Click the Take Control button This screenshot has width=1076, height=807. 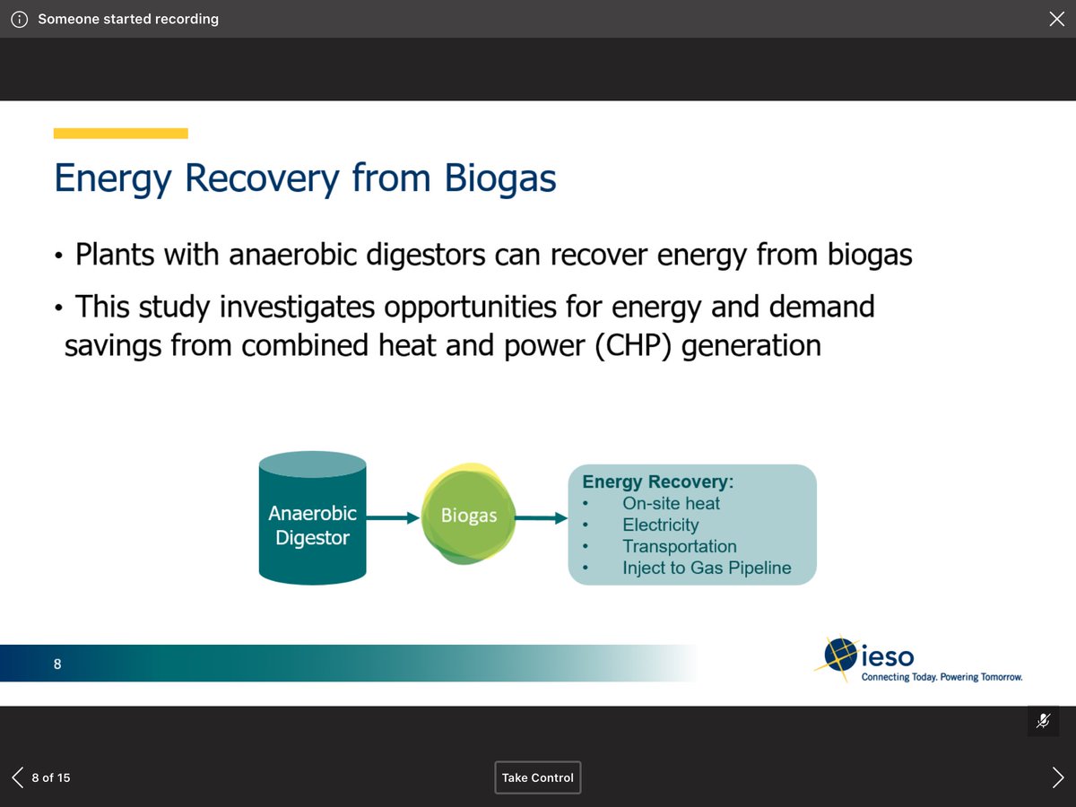tap(538, 777)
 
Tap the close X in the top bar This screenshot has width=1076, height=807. tap(1056, 19)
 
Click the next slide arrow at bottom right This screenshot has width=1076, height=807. tap(1058, 777)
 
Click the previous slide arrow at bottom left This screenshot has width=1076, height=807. tap(18, 777)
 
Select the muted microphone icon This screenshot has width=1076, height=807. tap(1043, 721)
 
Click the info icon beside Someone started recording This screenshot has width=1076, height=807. tap(19, 19)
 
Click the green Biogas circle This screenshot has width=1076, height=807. tap(468, 516)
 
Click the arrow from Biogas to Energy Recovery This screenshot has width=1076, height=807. tap(541, 517)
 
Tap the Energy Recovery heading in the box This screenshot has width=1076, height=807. tap(658, 482)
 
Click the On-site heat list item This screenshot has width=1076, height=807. tap(671, 503)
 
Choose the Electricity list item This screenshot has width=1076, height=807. tap(660, 525)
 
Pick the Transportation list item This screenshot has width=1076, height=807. tap(679, 546)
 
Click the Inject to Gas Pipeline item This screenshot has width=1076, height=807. tap(707, 568)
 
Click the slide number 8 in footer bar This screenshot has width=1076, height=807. tap(57, 664)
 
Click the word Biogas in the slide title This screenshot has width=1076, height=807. tap(500, 178)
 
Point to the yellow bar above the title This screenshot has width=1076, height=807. tap(120, 134)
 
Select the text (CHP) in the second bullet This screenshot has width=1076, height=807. tap(631, 345)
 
